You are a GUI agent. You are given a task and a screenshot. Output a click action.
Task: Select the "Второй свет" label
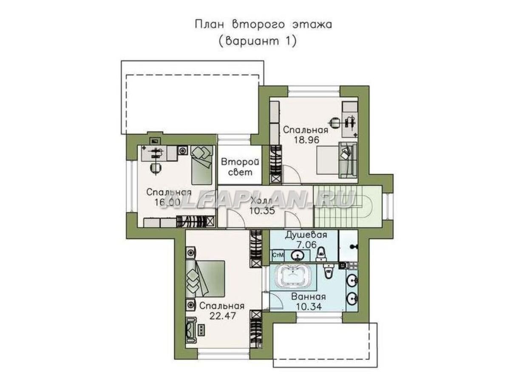coord(239,167)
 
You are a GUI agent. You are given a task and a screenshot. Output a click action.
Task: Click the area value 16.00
coord(163,202)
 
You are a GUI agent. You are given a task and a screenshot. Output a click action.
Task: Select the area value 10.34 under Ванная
coord(309,306)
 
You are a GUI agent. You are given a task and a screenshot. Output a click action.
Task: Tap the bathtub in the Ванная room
coord(293,278)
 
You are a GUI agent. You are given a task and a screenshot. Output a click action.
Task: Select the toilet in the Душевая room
coord(322,253)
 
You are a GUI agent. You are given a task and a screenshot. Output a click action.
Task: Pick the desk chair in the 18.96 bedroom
coord(336,122)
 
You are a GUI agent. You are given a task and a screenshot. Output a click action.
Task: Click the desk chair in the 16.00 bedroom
coord(156,168)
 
